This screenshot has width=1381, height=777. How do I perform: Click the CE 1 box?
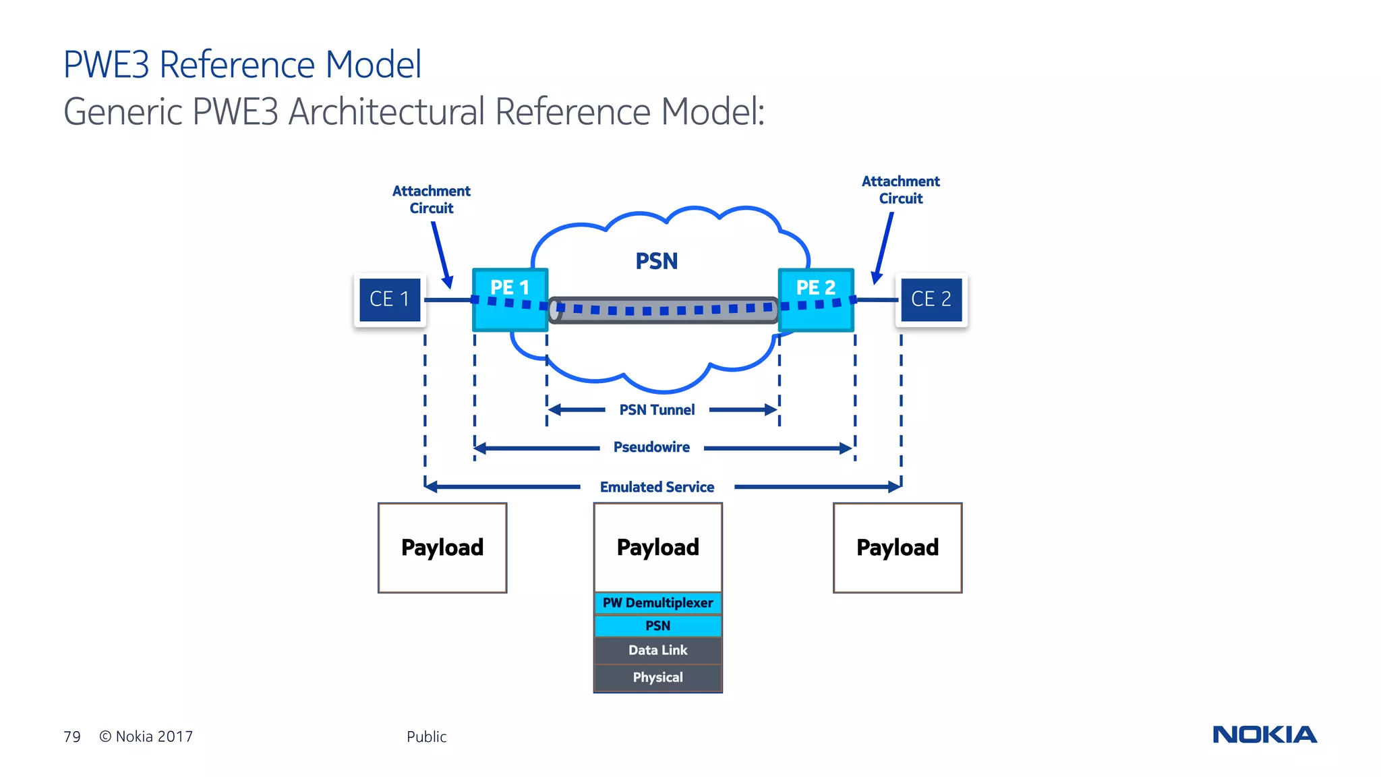(390, 299)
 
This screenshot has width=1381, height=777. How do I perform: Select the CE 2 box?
(931, 299)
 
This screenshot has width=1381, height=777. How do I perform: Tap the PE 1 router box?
(510, 299)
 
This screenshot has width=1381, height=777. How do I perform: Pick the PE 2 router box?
(816, 299)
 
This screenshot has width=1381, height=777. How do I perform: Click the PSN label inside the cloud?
(656, 261)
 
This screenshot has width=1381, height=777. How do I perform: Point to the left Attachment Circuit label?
(432, 200)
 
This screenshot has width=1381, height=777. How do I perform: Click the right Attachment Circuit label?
(900, 190)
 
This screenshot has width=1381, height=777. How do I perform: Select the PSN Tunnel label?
(657, 410)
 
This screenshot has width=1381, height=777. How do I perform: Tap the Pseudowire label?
(651, 447)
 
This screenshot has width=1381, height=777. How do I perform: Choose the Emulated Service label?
(657, 487)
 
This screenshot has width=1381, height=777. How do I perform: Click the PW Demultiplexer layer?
(657, 603)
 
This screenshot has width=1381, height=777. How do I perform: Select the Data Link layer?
(657, 650)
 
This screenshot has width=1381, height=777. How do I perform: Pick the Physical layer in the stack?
(657, 677)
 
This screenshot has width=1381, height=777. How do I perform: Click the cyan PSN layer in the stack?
(657, 626)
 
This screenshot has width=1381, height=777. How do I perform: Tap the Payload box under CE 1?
(442, 548)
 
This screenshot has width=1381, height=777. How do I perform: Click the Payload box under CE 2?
(898, 548)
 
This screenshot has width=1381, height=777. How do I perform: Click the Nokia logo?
(1264, 735)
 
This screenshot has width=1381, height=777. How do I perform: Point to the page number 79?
(72, 737)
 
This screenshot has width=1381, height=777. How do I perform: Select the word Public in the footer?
(426, 737)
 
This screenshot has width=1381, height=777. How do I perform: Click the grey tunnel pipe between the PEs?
(664, 310)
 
